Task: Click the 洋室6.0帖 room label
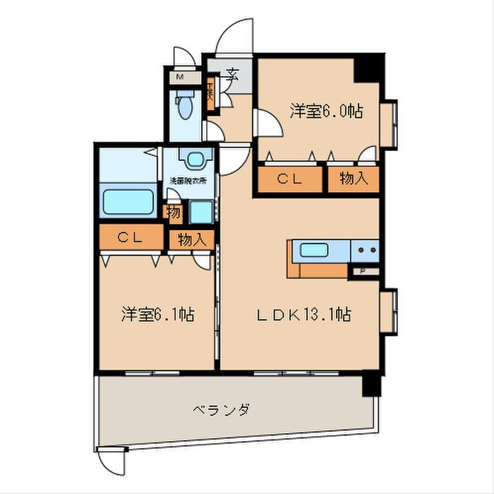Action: tap(326, 111)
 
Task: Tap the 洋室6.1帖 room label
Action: tap(157, 315)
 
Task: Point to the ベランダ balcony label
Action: tap(221, 410)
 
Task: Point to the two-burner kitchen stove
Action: tap(365, 250)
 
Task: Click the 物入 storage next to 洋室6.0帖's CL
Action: tap(353, 179)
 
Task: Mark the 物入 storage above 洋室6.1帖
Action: tap(191, 240)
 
